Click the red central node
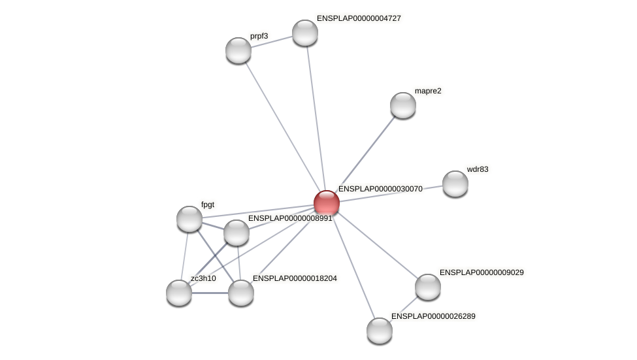[326, 203]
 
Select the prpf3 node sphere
[238, 50]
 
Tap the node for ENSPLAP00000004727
[305, 33]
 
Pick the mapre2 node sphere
[403, 105]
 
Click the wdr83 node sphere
[455, 184]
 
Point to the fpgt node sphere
[189, 219]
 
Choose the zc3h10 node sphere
[179, 293]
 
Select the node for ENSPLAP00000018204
[241, 293]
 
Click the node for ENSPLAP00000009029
[428, 287]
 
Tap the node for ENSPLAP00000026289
[380, 331]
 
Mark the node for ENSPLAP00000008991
[237, 233]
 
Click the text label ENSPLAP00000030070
[380, 189]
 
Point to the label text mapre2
[428, 91]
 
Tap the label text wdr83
[477, 169]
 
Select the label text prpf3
[259, 36]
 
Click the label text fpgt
[208, 205]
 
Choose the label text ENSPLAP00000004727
[359, 18]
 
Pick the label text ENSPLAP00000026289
[434, 316]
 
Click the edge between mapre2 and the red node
[366, 152]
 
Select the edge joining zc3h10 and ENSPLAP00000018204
[210, 293]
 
